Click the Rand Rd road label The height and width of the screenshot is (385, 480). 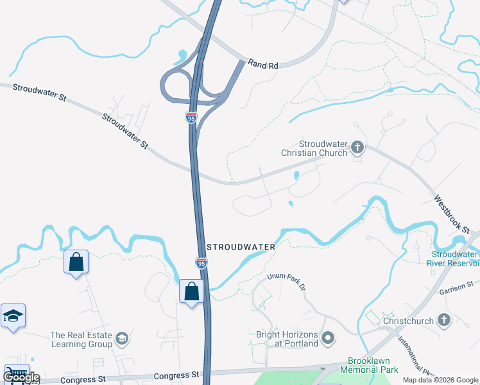[x=263, y=65]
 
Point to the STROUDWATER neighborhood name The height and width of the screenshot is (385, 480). [x=241, y=247]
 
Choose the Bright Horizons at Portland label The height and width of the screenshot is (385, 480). [x=287, y=339]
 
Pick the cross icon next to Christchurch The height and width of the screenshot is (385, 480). [x=443, y=320]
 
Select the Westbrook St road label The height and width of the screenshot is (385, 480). [x=456, y=214]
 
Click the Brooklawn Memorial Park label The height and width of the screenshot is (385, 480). [x=373, y=365]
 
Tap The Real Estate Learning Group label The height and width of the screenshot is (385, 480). [x=81, y=339]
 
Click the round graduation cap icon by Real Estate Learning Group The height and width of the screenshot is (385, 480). [x=121, y=338]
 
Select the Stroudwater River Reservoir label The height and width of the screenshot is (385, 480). [x=454, y=259]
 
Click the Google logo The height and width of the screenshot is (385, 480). [x=21, y=377]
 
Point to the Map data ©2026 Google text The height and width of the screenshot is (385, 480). [x=440, y=380]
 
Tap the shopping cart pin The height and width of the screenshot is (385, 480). [x=15, y=374]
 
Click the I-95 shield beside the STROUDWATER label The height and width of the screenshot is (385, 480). [x=201, y=262]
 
